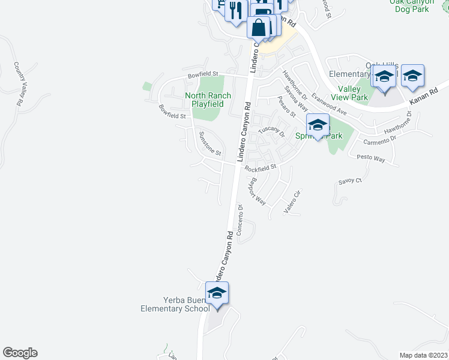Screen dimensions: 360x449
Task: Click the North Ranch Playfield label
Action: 204,100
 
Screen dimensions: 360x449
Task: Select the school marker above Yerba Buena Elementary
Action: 217,293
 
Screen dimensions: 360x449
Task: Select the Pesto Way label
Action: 370,158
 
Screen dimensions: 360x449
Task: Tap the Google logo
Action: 20,353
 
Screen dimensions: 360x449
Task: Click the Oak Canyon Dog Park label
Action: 411,5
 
